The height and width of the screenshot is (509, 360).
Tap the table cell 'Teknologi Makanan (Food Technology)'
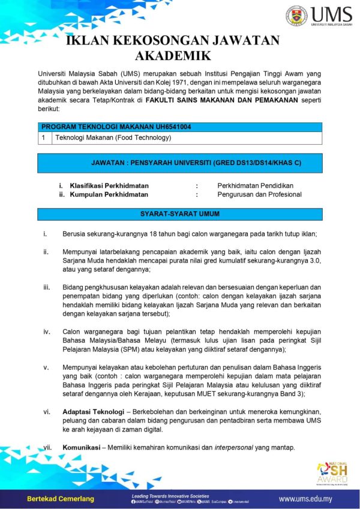[x=113, y=137]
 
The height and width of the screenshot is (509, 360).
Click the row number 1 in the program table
[x=44, y=137]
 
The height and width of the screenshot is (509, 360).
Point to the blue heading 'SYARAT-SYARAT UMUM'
[x=179, y=214]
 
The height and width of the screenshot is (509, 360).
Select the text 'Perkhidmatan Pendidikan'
[x=255, y=186]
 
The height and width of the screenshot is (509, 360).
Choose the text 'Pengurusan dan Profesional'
[x=259, y=194]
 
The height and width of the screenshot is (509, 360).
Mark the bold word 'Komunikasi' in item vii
[x=80, y=447]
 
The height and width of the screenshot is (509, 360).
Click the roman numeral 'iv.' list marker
[x=46, y=331]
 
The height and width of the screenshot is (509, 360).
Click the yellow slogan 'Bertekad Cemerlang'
[x=60, y=499]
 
